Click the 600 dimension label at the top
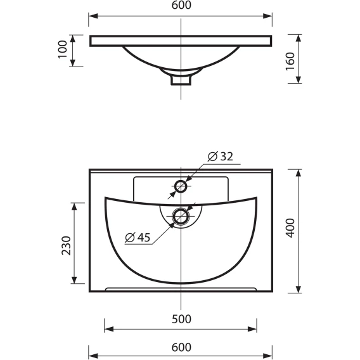pos(181,5)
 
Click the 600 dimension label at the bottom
pos(181,347)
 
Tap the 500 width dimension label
pos(181,319)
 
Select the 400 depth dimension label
pos(291,228)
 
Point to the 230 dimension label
pos(67,245)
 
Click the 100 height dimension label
pos(63,49)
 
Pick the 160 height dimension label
pos(290,61)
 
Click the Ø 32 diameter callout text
pos(221,157)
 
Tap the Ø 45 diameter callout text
pos(138,237)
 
